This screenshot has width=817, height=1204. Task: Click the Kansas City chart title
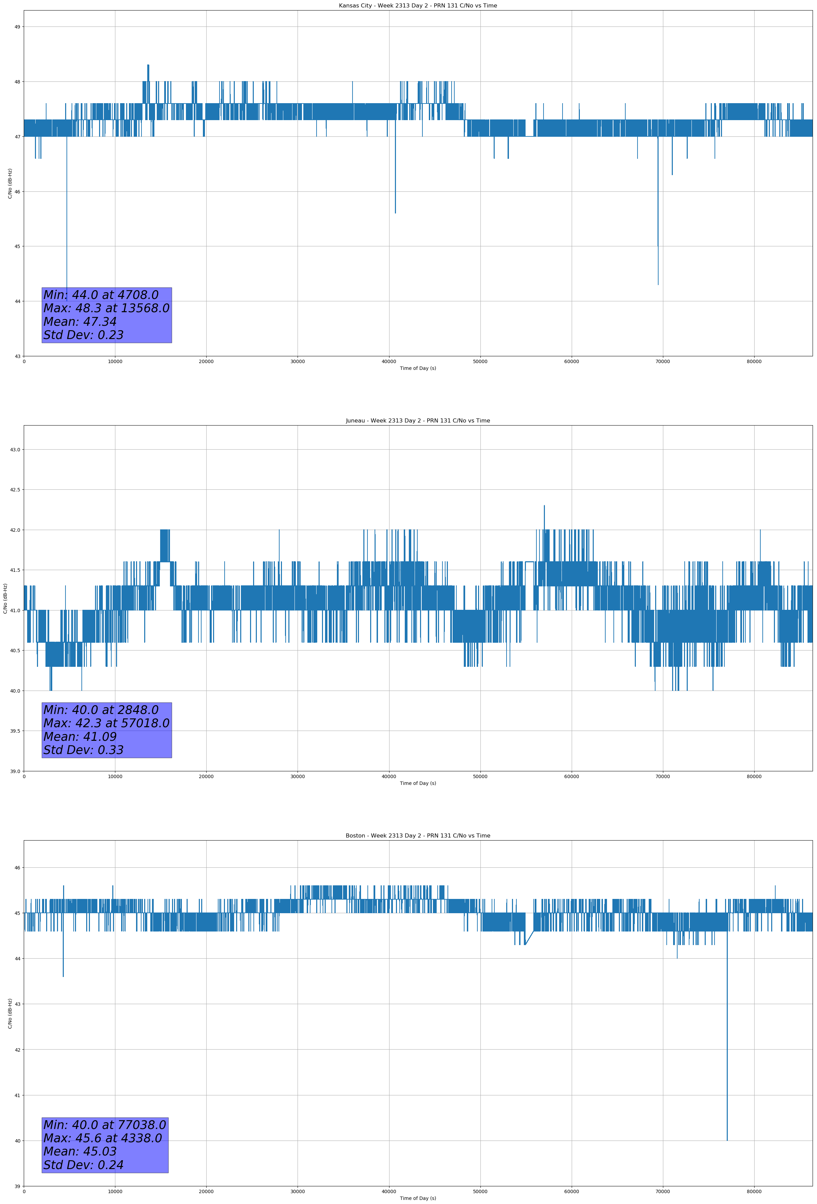point(418,6)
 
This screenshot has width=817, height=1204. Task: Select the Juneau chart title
point(418,421)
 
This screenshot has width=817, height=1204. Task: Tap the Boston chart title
point(418,836)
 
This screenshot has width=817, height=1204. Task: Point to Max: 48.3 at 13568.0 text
point(106,308)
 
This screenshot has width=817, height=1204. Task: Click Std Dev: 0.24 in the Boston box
point(83,1165)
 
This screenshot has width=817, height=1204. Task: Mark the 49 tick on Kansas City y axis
point(17,27)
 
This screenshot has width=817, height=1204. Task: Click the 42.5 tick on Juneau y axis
point(15,490)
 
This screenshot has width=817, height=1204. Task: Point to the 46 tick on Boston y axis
point(17,868)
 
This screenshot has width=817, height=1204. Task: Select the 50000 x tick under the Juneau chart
point(480,776)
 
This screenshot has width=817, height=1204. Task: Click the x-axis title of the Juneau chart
point(418,783)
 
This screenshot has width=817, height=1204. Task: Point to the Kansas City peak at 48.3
point(148,65)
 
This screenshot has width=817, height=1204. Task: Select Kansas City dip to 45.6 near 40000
point(395,212)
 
